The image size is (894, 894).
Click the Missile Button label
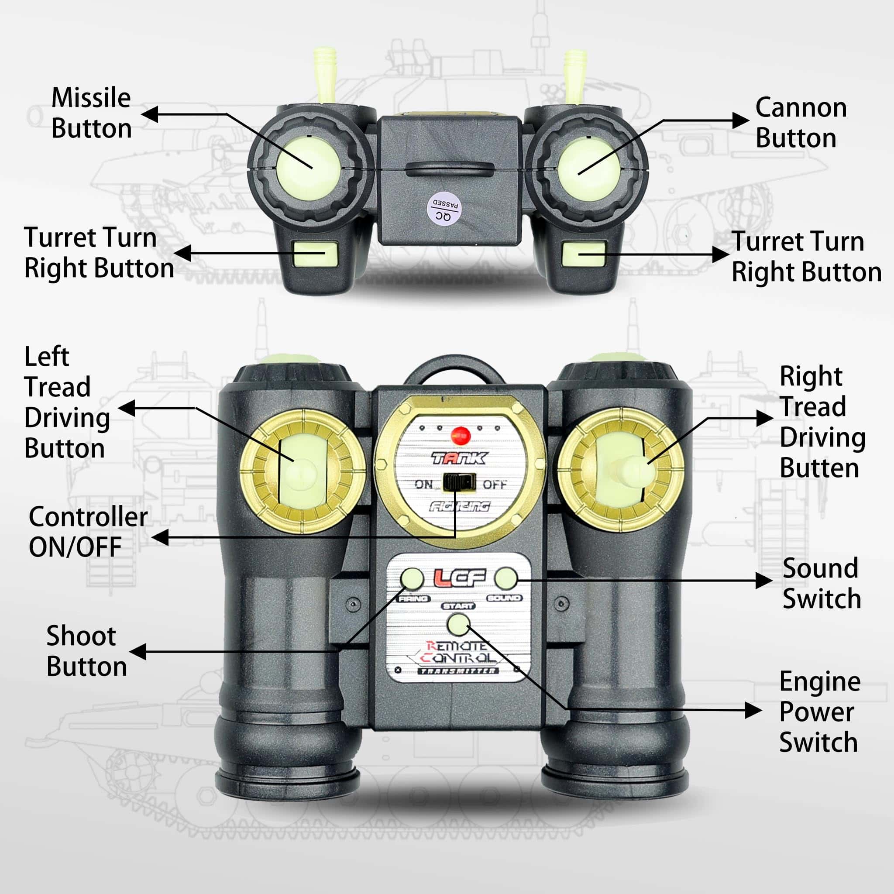(x=91, y=113)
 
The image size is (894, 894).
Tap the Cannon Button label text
(x=801, y=123)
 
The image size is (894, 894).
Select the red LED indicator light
(x=461, y=435)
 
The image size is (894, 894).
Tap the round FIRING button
(x=412, y=578)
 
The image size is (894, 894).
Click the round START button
(x=458, y=624)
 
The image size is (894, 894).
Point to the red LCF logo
(x=460, y=578)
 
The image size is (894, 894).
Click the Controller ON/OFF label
(x=87, y=532)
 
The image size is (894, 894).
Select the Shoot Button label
(x=86, y=652)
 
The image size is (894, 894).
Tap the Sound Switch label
(x=822, y=584)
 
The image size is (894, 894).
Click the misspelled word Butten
(x=819, y=468)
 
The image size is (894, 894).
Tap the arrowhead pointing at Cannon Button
(x=740, y=121)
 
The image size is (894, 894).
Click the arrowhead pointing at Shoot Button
(x=138, y=652)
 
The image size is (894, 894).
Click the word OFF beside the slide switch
(x=495, y=485)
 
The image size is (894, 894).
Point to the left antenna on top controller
(x=325, y=74)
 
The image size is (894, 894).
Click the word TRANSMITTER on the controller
(x=457, y=671)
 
